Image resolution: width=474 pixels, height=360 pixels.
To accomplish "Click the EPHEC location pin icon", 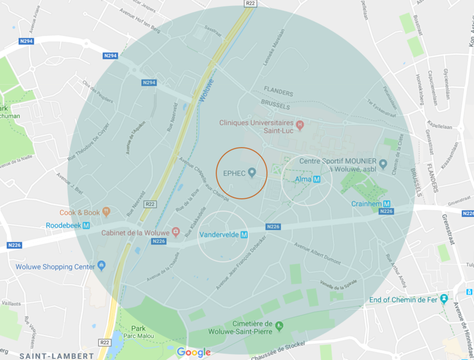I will coord(252,173).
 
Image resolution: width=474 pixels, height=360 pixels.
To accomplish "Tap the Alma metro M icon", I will coord(317,179).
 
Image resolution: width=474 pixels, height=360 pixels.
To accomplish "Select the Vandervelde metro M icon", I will coord(243,234).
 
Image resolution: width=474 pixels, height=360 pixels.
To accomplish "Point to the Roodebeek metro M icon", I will coord(87,225).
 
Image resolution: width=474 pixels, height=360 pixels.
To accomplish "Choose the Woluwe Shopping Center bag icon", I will coord(102,266).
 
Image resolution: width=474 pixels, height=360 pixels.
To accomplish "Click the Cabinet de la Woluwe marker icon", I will coord(175,231).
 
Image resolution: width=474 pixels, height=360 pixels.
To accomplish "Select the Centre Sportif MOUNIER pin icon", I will coord(383,163).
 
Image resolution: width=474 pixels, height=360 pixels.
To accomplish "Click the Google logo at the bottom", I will coord(194,352).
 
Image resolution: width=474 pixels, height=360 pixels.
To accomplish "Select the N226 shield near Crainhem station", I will coord(387,212).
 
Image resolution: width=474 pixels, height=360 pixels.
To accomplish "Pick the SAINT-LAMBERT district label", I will coord(56,355).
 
